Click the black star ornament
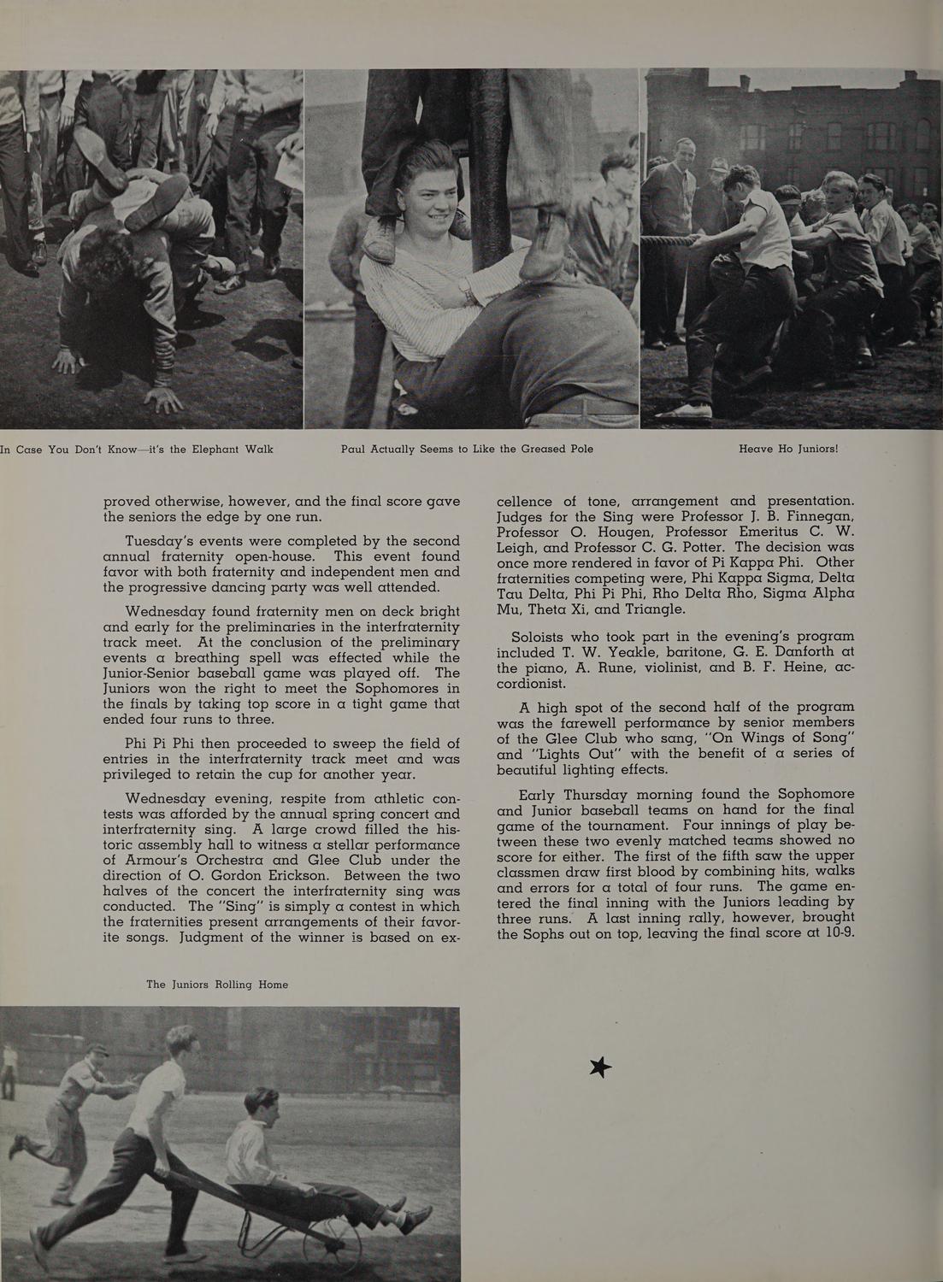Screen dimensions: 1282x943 click(x=601, y=1067)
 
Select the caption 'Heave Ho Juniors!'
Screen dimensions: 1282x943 click(x=788, y=449)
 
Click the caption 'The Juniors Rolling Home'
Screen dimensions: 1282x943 click(x=217, y=985)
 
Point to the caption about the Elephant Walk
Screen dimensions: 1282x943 click(x=137, y=449)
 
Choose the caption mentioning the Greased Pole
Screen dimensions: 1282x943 click(x=467, y=449)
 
